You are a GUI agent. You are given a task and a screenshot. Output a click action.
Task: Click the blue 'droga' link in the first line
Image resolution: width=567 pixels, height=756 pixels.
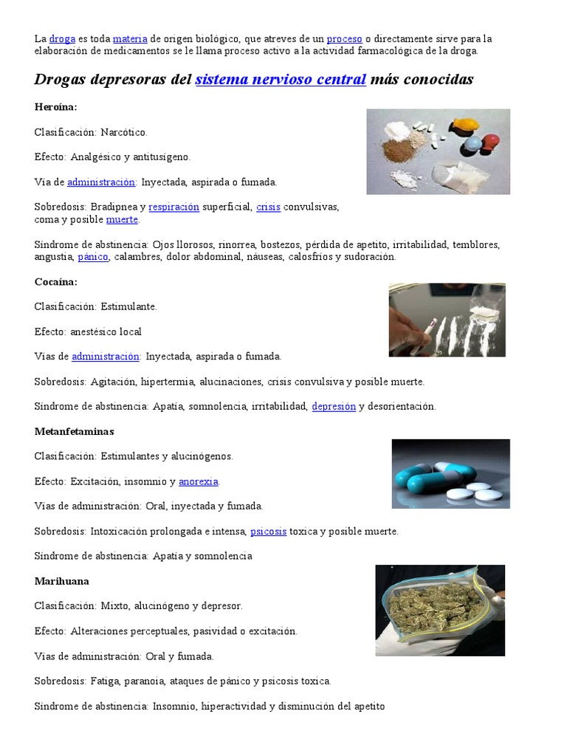62,38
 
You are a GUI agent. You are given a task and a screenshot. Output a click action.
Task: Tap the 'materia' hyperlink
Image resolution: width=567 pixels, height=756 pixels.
130,38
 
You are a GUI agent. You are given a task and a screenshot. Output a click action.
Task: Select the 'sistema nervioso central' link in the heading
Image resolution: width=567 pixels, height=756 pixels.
281,79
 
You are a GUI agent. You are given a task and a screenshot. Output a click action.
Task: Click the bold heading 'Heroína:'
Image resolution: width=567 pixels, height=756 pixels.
55,107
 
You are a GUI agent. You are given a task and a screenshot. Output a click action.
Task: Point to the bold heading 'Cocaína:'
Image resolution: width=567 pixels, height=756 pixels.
55,281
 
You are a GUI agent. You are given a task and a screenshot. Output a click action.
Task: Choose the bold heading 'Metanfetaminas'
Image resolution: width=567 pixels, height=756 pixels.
74,431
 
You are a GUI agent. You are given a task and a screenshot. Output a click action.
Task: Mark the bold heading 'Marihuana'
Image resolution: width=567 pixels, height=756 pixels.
61,581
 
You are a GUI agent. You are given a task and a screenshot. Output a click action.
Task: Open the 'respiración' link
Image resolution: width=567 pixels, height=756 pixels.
173,207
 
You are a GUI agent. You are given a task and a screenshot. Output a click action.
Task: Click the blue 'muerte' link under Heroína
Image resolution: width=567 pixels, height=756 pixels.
122,220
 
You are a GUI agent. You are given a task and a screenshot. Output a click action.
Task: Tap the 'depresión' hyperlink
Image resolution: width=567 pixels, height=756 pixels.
334,406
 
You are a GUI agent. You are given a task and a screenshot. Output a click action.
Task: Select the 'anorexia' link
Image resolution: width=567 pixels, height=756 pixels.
199,481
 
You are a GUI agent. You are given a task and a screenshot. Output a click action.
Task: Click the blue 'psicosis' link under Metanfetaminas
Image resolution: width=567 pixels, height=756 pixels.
268,531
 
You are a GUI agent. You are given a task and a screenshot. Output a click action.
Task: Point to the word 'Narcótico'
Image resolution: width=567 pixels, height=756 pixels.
123,132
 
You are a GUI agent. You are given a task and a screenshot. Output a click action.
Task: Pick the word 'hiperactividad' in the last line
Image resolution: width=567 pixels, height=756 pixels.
230,706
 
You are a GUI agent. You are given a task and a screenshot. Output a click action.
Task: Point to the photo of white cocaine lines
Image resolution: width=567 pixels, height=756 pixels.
447,320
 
